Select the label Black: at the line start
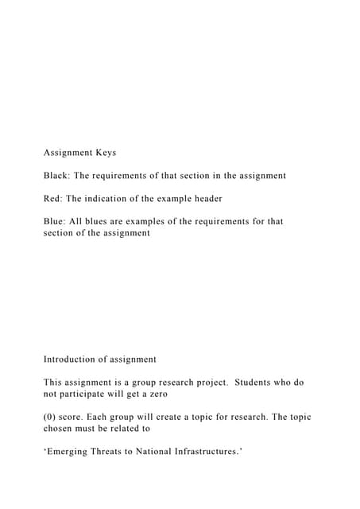pyautogui.click(x=58, y=175)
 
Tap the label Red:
pyautogui.click(x=54, y=198)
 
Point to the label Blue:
pyautogui.click(x=56, y=221)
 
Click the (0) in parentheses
pyautogui.click(x=51, y=418)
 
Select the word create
pyautogui.click(x=184, y=418)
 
